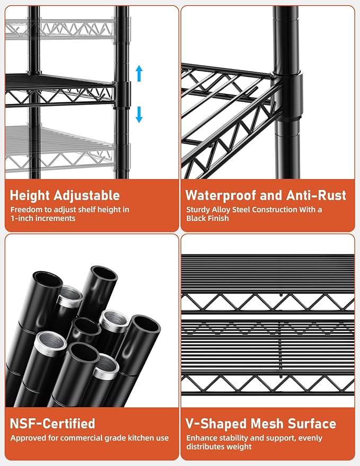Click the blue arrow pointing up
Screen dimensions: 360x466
139,73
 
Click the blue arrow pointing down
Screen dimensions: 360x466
139,115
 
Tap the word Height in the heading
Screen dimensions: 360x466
30,196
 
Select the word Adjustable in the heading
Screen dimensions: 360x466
87,196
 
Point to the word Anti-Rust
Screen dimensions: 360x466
317,195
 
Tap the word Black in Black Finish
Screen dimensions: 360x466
196,218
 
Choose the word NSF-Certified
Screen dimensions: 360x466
52,424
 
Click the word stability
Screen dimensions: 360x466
231,438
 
